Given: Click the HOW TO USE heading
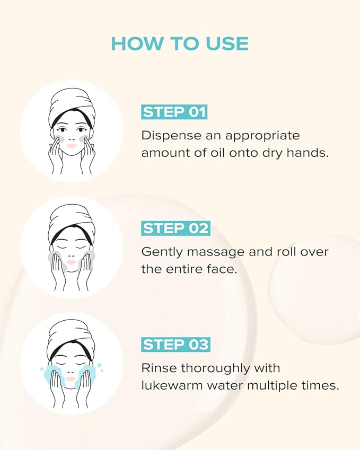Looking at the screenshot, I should click(180, 43).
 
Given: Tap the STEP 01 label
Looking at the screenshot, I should click(174, 112).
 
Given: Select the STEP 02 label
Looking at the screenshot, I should click(175, 228).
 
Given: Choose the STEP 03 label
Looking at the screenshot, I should click(175, 345).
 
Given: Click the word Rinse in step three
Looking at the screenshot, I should click(158, 367).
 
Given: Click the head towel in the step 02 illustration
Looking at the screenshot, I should click(71, 219).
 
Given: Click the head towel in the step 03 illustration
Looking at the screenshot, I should click(71, 336).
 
